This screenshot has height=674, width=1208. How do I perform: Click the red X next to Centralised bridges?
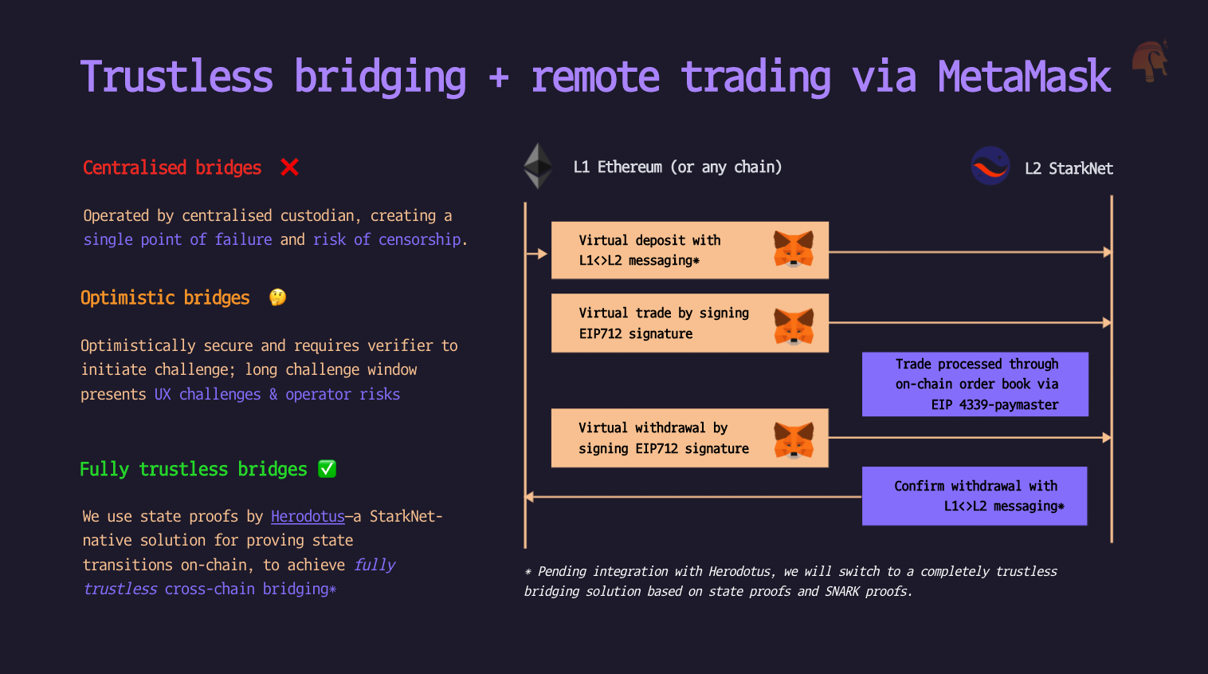point(289,168)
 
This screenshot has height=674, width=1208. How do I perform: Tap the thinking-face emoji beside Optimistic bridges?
point(277,298)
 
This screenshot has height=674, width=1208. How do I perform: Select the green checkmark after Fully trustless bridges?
point(327,469)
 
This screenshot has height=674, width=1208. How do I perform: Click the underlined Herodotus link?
point(308,517)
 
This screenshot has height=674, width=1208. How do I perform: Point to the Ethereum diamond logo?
point(538,166)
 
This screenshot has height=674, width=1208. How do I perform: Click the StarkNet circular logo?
point(990,166)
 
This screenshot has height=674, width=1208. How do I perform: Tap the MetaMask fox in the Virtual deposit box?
point(793,249)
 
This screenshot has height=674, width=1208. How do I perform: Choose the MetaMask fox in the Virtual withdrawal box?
point(793,439)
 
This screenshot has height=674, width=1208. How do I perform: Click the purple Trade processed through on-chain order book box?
point(975,384)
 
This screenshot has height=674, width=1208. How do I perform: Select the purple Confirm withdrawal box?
point(975,496)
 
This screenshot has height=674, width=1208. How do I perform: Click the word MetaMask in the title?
point(1024,77)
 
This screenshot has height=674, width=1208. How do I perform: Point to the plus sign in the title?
point(499,78)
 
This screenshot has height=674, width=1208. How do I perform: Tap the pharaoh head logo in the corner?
point(1150,61)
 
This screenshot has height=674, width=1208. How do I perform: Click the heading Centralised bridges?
point(172,168)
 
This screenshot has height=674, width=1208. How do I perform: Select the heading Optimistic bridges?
point(165,298)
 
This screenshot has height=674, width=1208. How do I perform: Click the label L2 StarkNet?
point(1069,168)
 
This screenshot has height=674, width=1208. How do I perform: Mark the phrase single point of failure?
point(178,239)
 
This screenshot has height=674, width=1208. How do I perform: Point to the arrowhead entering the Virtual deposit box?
point(543,254)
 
